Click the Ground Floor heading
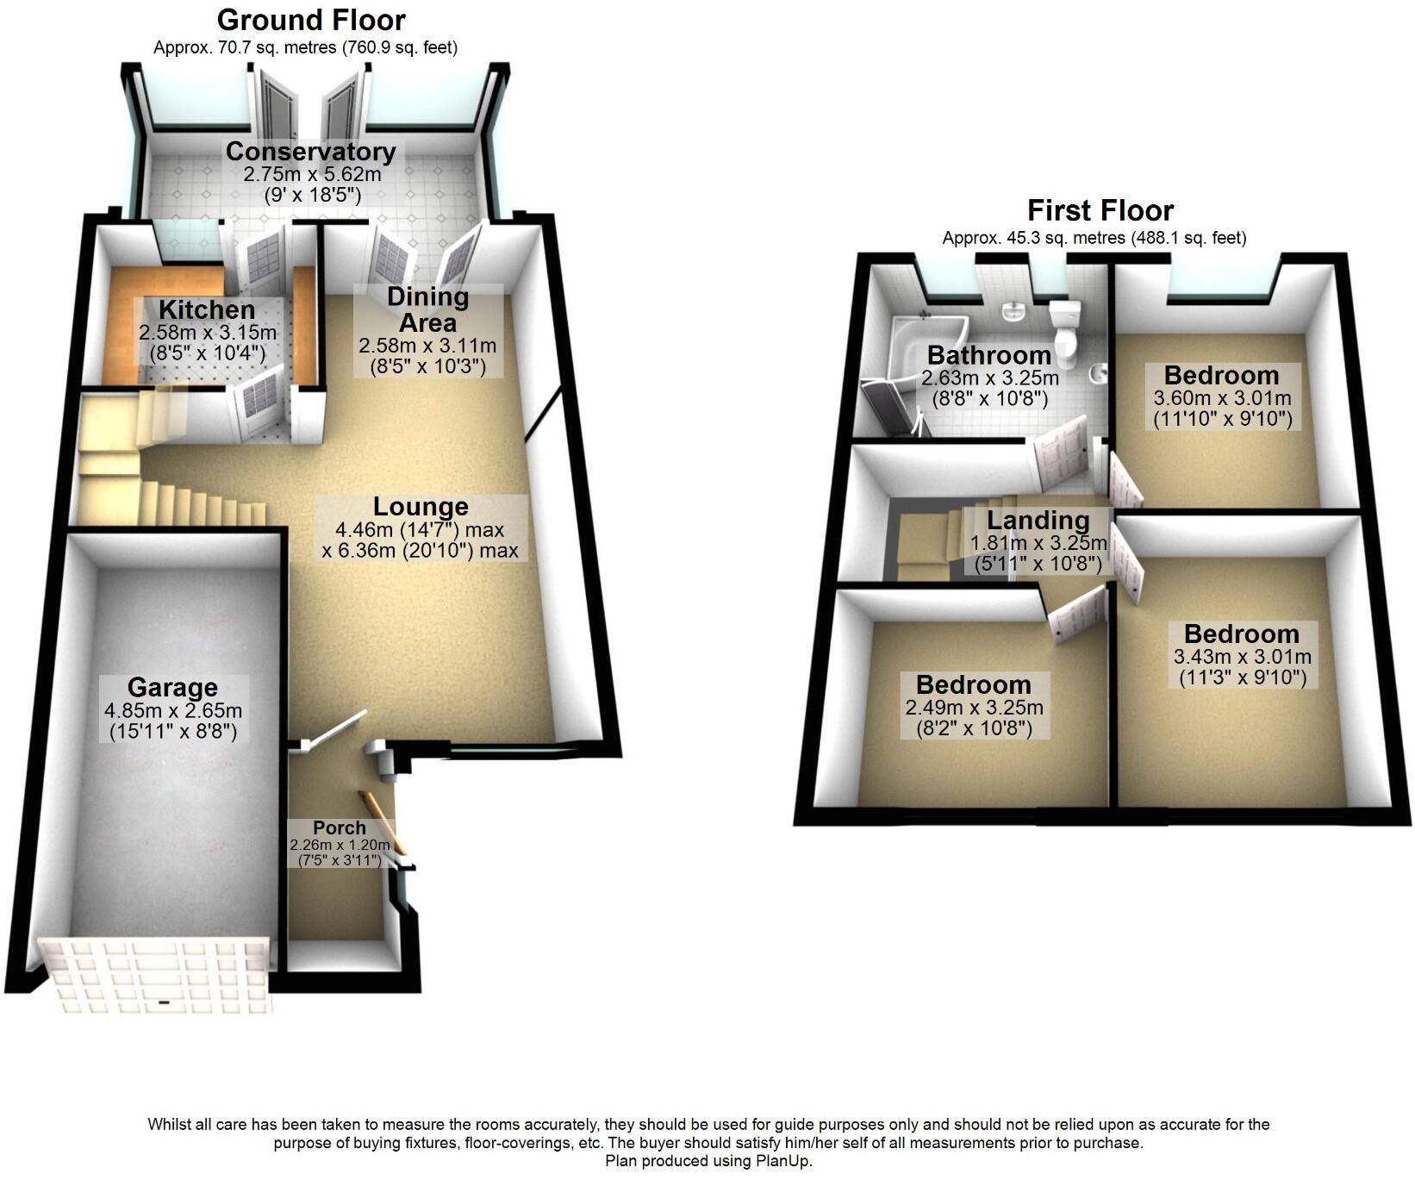[311, 20]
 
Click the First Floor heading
[1100, 210]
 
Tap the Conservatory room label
[311, 152]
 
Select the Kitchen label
[207, 310]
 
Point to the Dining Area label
[427, 310]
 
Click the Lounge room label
[421, 507]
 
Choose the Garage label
[172, 688]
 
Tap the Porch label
[340, 827]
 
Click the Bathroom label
[989, 355]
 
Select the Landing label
[1038, 521]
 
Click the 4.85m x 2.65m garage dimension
[172, 711]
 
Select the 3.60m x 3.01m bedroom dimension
[1222, 398]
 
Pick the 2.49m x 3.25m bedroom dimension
[974, 708]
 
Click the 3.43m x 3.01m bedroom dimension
[1243, 657]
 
